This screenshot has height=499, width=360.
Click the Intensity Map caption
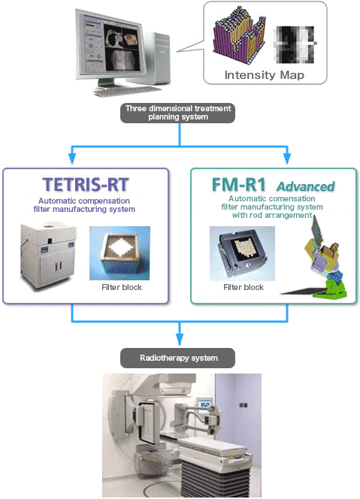click(x=265, y=75)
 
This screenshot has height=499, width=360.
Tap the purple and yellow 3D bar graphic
click(x=239, y=34)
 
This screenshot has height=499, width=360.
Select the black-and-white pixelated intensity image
click(x=295, y=44)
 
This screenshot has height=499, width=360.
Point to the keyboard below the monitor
click(x=128, y=91)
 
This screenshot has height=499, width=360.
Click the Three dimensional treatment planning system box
click(x=177, y=113)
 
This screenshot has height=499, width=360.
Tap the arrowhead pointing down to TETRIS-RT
click(x=72, y=158)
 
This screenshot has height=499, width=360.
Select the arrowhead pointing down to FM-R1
click(x=287, y=158)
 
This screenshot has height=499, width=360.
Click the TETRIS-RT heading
click(x=86, y=185)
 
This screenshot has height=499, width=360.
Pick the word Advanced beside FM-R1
click(x=306, y=186)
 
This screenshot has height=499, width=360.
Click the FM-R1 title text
click(x=239, y=185)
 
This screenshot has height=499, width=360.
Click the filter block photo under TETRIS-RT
click(x=119, y=253)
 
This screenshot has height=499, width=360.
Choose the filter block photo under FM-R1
click(x=242, y=254)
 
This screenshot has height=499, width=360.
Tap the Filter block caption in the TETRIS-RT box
click(x=122, y=287)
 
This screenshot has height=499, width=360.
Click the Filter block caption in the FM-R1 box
click(x=244, y=287)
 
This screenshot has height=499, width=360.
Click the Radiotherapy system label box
click(x=177, y=358)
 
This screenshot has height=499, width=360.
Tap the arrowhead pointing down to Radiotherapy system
click(x=180, y=339)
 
